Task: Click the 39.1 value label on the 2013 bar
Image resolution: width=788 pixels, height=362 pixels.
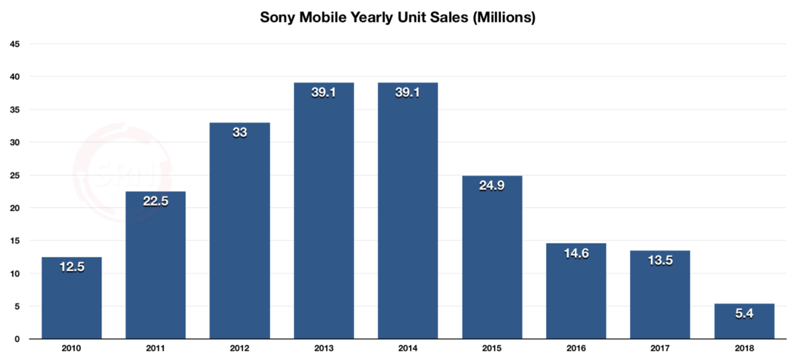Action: (323, 92)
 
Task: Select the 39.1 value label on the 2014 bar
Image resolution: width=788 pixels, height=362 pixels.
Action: (408, 92)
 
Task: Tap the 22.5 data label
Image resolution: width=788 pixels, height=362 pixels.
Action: (155, 202)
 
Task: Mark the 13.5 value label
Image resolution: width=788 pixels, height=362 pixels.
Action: (659, 261)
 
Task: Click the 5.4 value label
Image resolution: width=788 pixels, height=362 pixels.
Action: (743, 314)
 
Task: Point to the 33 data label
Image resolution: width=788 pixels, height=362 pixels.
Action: (239, 132)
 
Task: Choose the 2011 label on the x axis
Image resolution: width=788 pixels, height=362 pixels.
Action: (155, 349)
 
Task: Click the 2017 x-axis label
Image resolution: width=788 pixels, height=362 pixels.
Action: (659, 349)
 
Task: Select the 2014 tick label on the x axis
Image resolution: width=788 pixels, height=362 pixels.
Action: (408, 349)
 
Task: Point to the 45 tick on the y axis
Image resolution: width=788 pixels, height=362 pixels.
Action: (15, 44)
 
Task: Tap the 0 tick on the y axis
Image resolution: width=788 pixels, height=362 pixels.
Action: (17, 339)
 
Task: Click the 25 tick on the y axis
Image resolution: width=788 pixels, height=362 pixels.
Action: (15, 175)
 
